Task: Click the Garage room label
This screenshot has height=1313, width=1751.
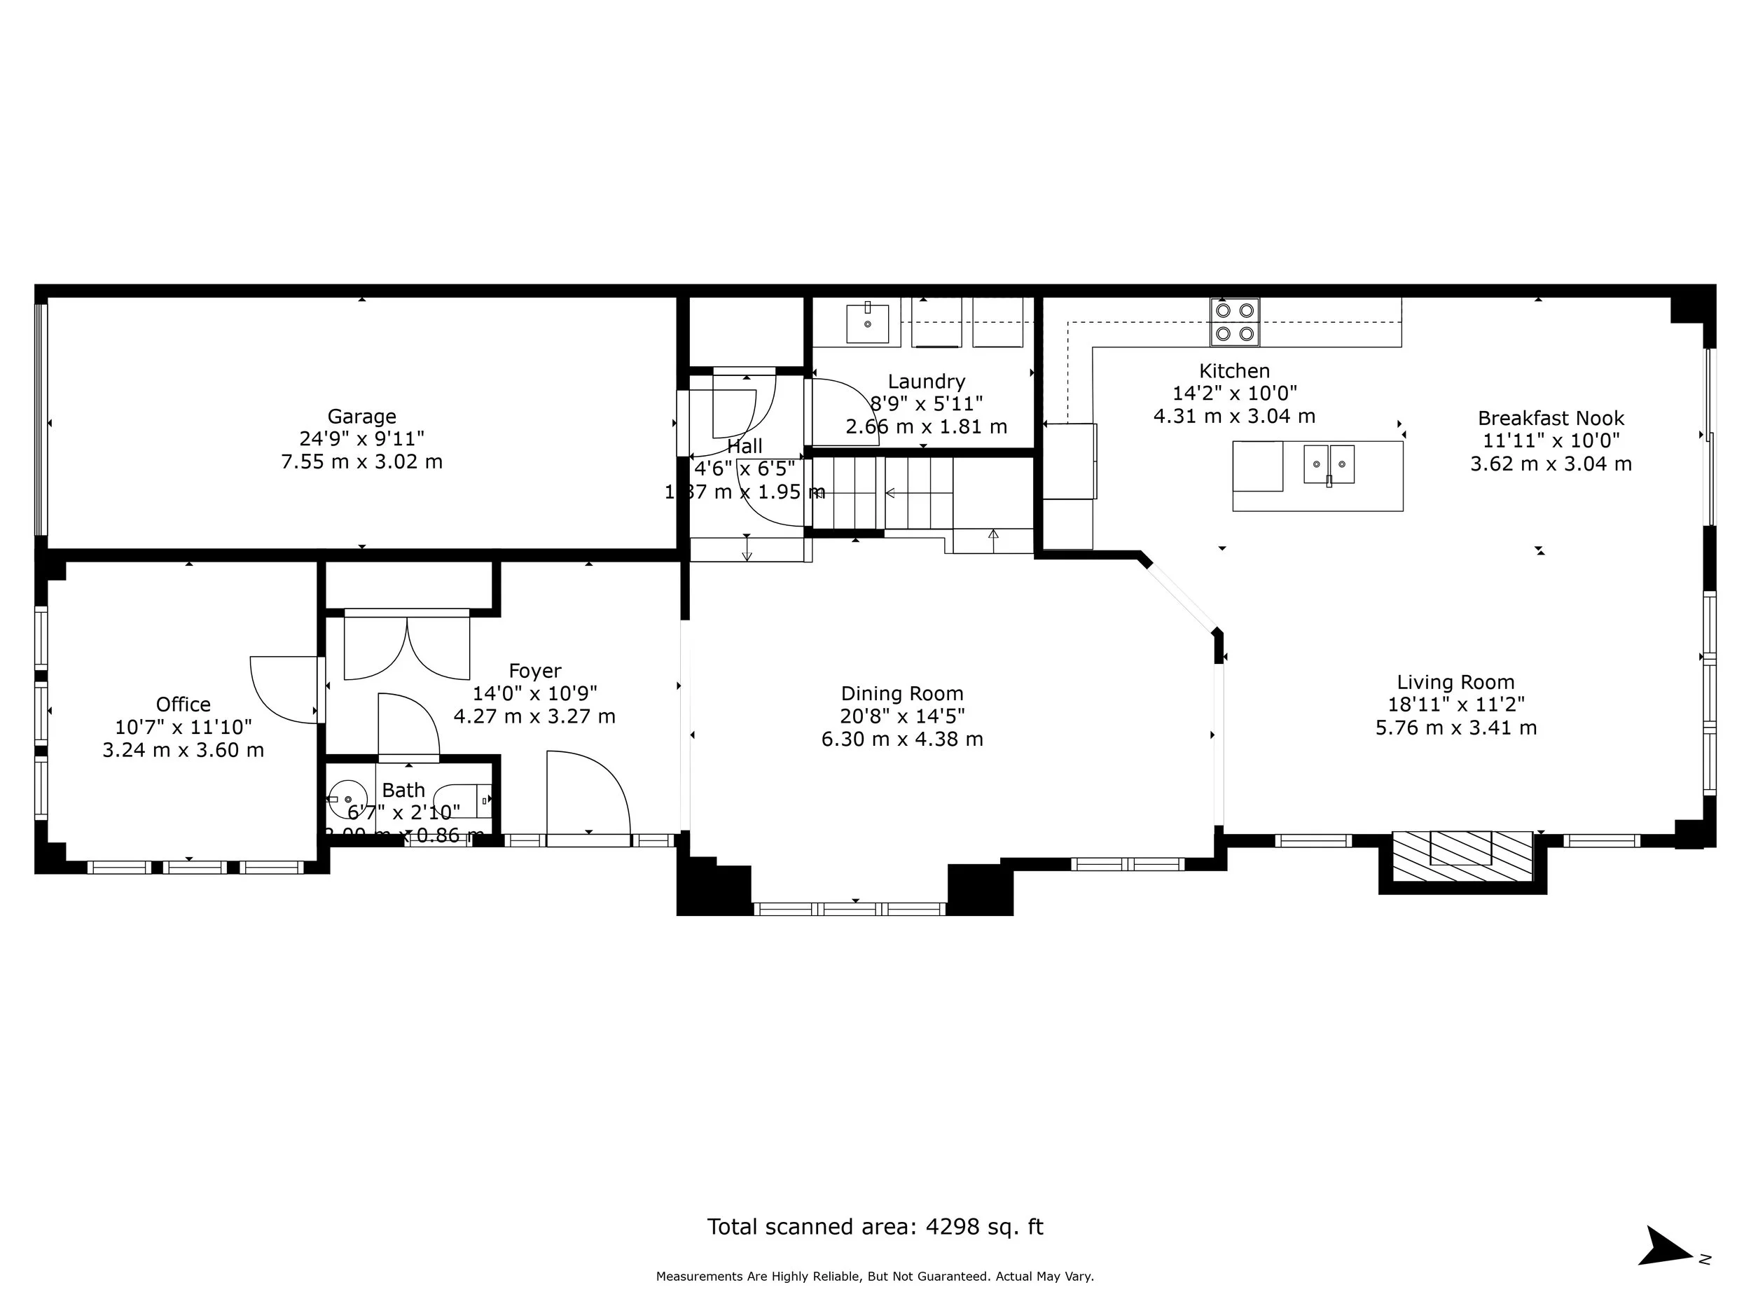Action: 362,416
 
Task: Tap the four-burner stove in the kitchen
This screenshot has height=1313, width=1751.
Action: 1234,322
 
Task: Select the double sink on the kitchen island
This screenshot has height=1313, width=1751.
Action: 1329,464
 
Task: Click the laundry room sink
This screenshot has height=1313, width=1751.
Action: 868,323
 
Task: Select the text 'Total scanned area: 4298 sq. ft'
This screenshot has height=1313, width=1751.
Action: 875,1227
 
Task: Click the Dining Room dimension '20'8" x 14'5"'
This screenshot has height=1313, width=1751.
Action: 902,716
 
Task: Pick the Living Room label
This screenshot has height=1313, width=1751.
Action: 1455,682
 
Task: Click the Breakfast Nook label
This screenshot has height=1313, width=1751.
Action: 1551,418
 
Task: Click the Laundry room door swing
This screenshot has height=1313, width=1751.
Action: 843,412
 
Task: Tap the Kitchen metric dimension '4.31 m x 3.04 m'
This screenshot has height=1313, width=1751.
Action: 1234,416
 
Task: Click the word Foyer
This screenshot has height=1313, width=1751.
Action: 535,671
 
